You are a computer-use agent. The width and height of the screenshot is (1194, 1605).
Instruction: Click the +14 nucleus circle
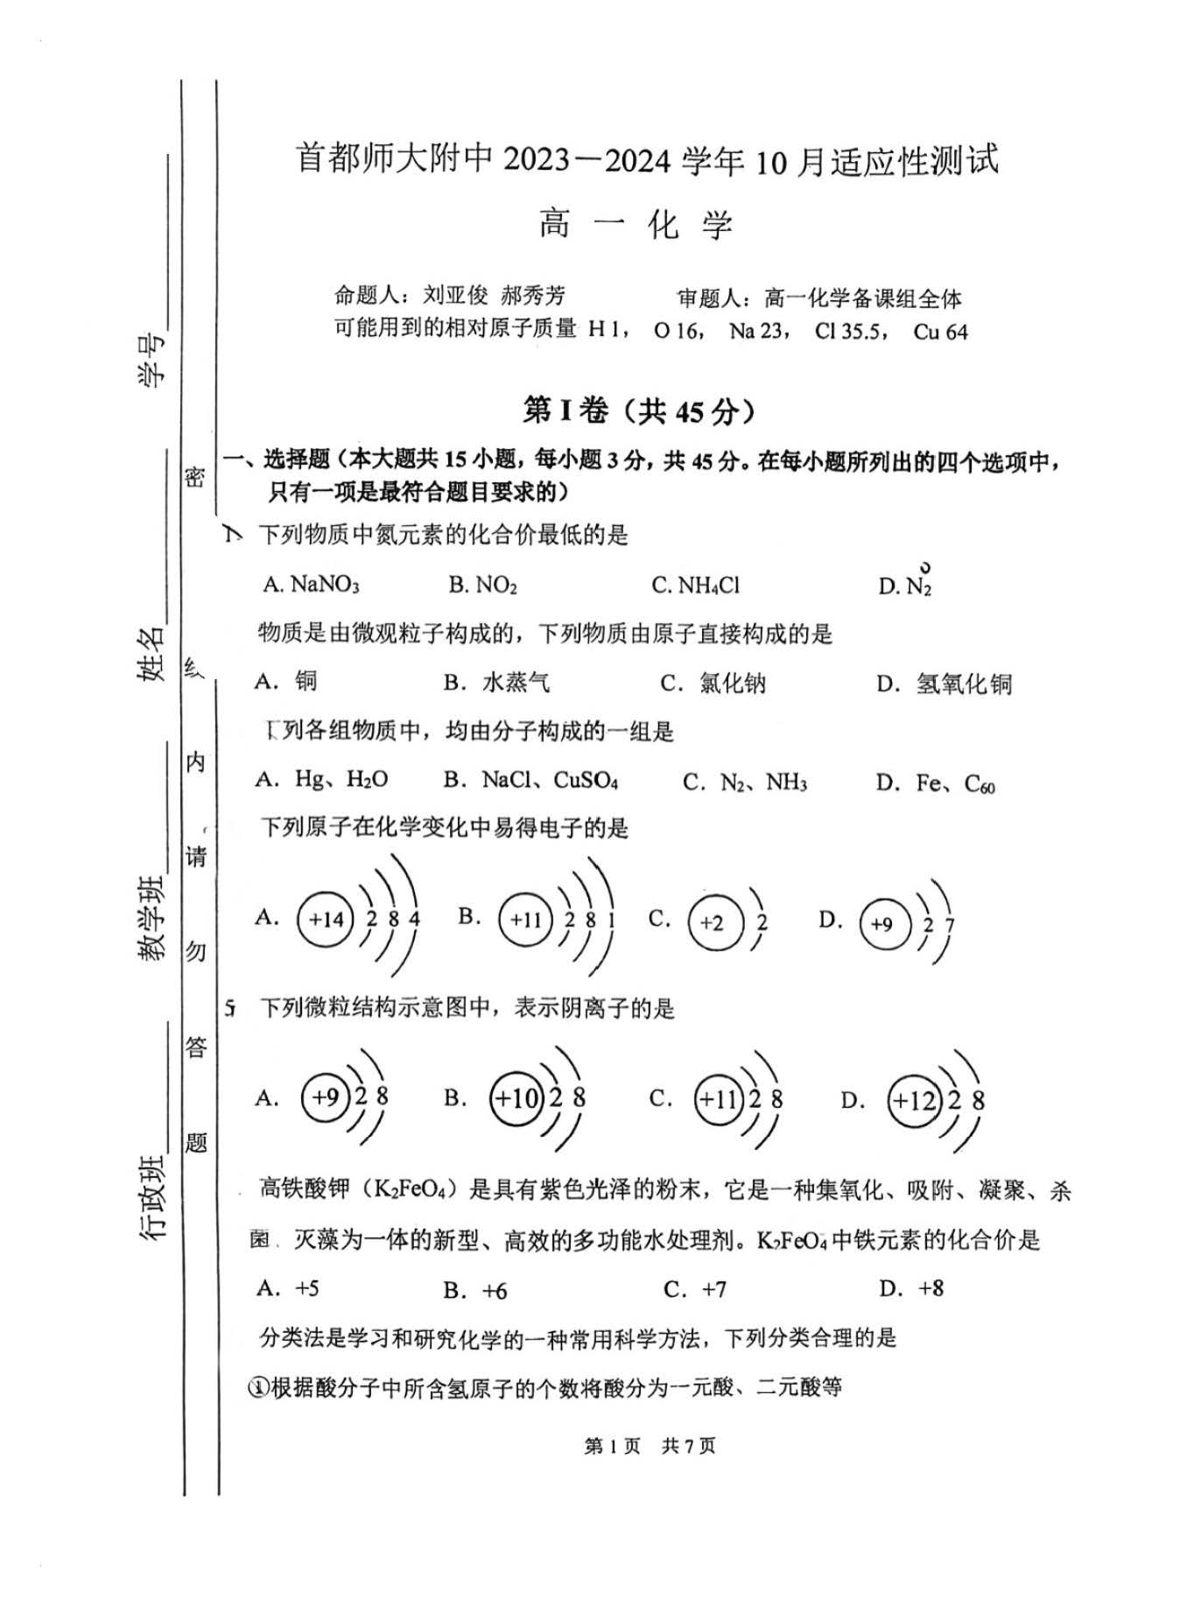click(325, 919)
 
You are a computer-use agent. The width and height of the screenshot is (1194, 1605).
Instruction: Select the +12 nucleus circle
click(913, 1100)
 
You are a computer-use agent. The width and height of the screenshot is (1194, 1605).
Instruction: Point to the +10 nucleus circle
click(516, 1097)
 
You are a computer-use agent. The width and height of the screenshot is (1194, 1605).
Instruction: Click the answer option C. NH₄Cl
click(695, 585)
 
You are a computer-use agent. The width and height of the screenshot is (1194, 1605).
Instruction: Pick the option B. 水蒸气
click(496, 682)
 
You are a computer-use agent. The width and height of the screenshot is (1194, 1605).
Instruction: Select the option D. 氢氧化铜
click(944, 683)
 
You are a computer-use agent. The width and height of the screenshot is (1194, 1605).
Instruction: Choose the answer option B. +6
click(475, 1290)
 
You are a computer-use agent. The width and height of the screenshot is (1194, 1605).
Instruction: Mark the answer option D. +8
click(911, 1288)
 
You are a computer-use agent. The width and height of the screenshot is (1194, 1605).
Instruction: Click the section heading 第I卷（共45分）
click(638, 410)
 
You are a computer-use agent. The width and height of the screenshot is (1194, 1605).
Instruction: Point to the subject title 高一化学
click(636, 226)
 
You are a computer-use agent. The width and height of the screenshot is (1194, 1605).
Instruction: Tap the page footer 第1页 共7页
click(650, 1446)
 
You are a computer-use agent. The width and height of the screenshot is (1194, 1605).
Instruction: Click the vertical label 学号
click(151, 360)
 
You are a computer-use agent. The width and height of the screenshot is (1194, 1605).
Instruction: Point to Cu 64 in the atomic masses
click(940, 332)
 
